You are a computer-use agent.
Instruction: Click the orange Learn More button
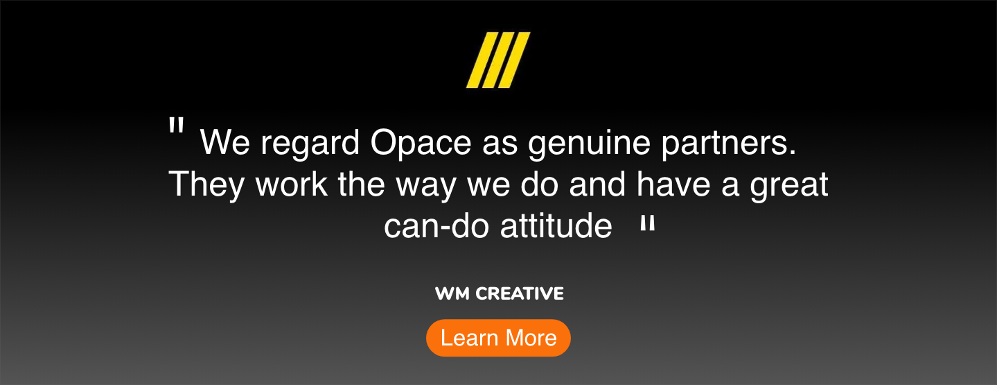click(498, 338)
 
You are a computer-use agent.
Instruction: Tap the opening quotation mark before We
click(177, 127)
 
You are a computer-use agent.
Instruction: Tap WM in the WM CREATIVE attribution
click(452, 294)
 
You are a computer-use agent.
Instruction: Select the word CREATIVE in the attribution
click(520, 294)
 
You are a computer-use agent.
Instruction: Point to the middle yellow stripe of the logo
click(497, 60)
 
